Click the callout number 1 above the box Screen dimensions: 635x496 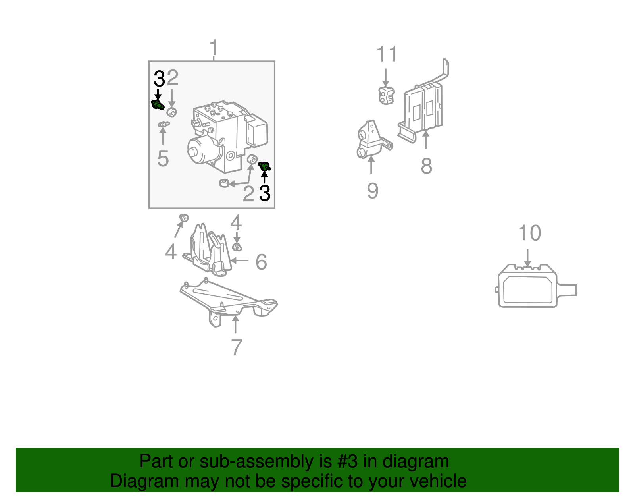click(x=214, y=48)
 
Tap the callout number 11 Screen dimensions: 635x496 click(x=387, y=54)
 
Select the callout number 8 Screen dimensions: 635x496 click(x=426, y=166)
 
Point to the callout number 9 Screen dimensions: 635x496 click(x=373, y=191)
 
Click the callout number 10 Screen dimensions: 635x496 click(x=529, y=233)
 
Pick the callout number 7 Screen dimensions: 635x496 click(x=237, y=347)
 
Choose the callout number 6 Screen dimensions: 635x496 click(x=261, y=262)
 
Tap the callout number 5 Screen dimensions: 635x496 click(x=163, y=159)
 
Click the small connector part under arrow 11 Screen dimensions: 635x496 click(x=386, y=96)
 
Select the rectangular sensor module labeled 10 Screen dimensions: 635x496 click(x=536, y=286)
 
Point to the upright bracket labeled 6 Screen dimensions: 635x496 click(x=208, y=251)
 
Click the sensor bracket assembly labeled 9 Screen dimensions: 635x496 click(x=373, y=140)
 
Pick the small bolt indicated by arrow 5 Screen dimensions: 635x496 click(x=164, y=125)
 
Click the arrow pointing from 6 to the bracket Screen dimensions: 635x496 click(x=239, y=260)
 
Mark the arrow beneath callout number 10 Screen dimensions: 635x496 click(x=527, y=258)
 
